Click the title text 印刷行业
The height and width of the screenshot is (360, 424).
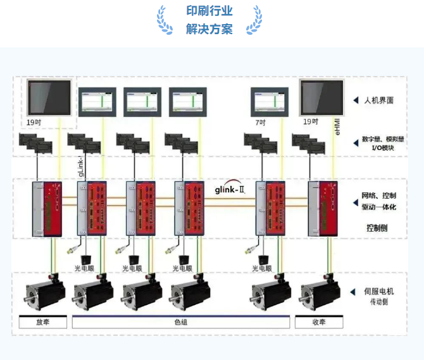tap(209, 11)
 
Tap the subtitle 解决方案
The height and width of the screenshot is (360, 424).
tap(209, 29)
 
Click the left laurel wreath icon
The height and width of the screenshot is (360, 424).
tap(165, 20)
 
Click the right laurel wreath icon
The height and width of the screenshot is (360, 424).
tap(254, 20)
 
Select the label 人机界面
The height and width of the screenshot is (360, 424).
tap(378, 100)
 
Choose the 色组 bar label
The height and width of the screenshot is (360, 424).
tap(182, 322)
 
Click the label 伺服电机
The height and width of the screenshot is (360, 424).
tap(378, 291)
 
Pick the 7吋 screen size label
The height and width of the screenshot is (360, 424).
tap(260, 121)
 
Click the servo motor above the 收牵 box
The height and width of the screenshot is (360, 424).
tap(320, 294)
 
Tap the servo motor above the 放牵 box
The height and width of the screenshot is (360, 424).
tap(44, 294)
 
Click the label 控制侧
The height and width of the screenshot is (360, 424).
tap(378, 227)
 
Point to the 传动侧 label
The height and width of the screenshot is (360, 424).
tap(378, 302)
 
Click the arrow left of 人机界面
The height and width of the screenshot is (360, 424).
tap(356, 100)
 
